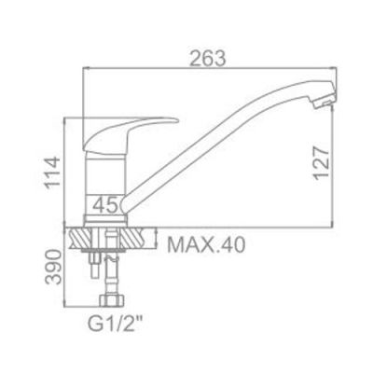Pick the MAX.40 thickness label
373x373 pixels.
pos(205,246)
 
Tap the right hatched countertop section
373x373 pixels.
pos(141,237)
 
